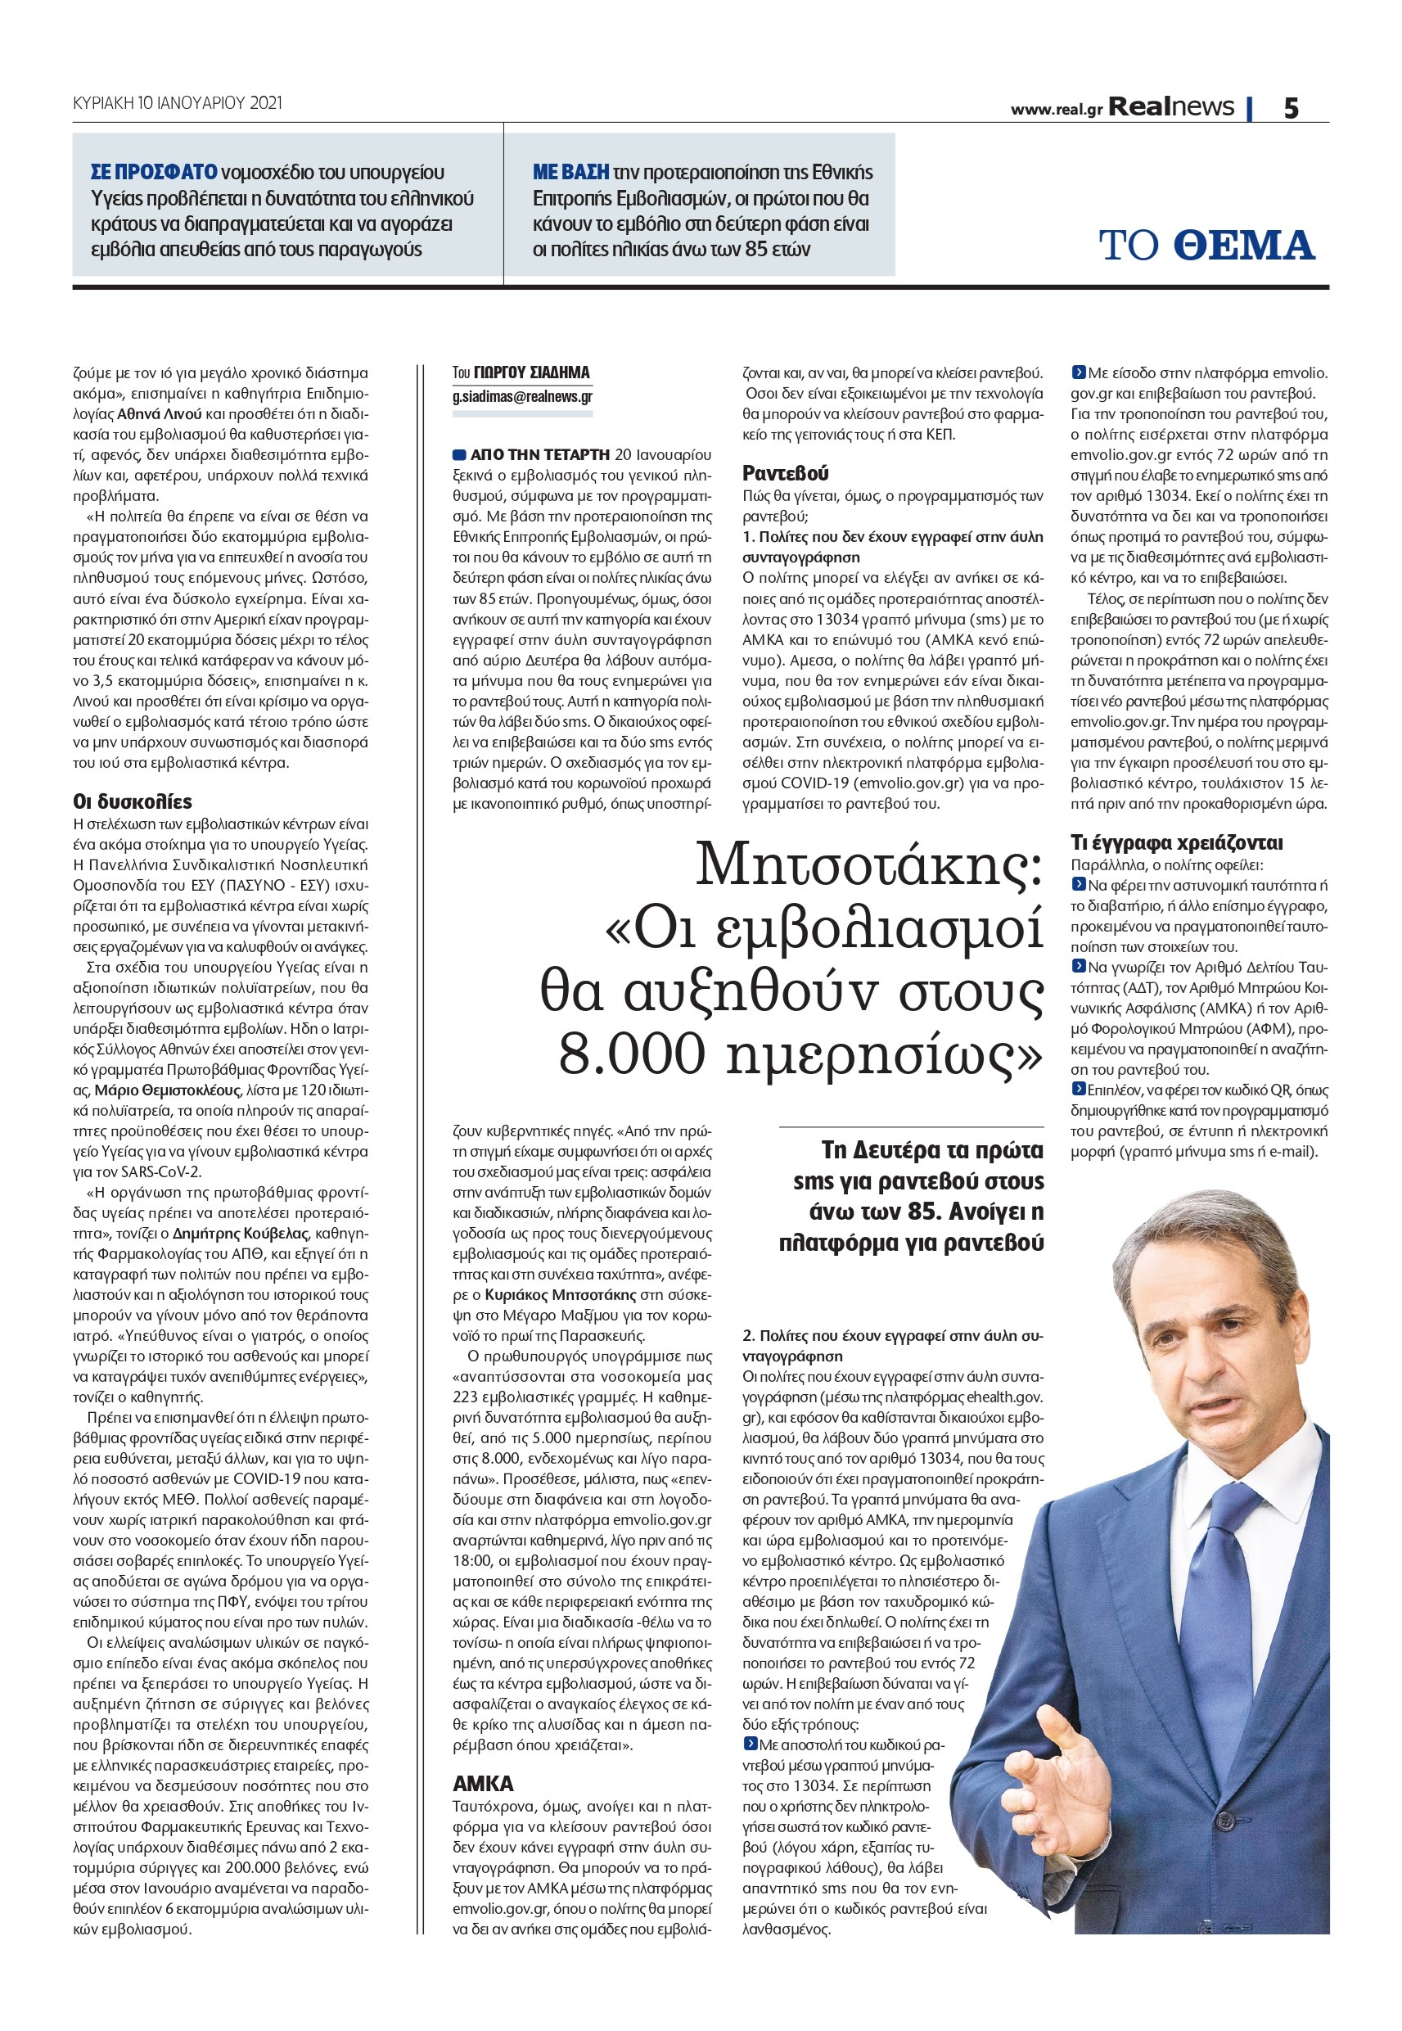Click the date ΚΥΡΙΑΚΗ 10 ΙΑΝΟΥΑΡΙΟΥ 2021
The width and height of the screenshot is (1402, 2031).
[x=178, y=104]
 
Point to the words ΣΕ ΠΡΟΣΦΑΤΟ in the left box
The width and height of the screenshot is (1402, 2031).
[x=154, y=172]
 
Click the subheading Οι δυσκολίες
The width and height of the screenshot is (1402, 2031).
[x=132, y=801]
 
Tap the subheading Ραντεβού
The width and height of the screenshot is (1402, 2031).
[x=786, y=473]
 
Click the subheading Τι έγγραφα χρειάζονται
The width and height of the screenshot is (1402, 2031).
[x=1176, y=842]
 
